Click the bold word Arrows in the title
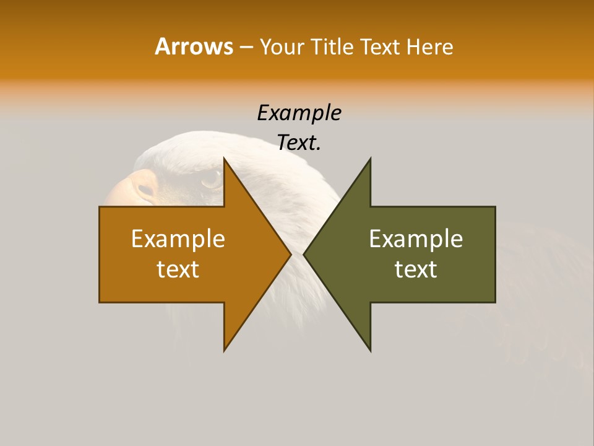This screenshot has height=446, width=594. pos(194,46)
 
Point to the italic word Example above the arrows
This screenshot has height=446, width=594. pos(299,113)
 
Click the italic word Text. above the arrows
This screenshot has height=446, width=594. pos(299,143)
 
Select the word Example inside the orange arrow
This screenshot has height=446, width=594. pos(178,238)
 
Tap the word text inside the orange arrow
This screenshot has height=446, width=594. pos(178,269)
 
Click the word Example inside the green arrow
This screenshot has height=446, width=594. pos(416,238)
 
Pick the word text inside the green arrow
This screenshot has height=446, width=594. pos(416,269)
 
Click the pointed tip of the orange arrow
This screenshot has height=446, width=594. pos(290,254)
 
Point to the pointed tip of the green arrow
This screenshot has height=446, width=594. pos(304,254)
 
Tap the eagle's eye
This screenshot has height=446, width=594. pos(211,180)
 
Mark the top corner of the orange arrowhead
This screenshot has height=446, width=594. pos(225,159)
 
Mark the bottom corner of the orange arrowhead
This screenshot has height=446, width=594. pos(225,350)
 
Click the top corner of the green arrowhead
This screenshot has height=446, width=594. pos(370,159)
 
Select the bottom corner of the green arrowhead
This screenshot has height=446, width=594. pos(370,350)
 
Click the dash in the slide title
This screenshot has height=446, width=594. pos(246,47)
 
